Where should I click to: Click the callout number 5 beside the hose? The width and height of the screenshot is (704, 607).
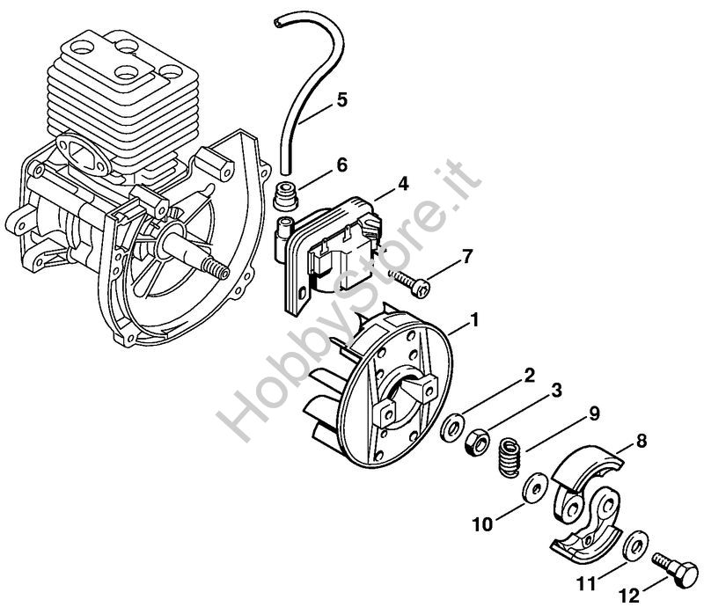click(x=341, y=99)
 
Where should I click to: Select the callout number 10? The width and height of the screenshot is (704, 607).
click(x=482, y=524)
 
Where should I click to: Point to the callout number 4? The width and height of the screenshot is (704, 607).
click(x=403, y=184)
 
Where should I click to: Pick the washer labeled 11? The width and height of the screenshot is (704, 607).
click(x=635, y=545)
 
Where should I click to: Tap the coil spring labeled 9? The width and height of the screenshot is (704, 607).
click(x=510, y=457)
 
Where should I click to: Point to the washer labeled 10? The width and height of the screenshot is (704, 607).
click(x=534, y=488)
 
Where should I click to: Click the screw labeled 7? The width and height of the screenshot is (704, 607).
click(x=409, y=283)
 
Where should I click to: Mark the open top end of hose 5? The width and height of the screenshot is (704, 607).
click(x=280, y=24)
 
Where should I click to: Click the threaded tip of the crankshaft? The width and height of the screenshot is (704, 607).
click(x=215, y=269)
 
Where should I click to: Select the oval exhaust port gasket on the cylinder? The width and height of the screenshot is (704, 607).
click(x=84, y=153)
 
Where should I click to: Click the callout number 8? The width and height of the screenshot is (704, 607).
click(x=642, y=442)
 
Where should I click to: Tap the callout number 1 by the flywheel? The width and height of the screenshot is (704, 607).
click(x=473, y=320)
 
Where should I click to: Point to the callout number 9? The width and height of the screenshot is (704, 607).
click(x=594, y=413)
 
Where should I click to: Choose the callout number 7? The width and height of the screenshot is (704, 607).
click(x=467, y=257)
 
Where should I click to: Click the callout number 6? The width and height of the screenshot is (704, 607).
click(x=341, y=165)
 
